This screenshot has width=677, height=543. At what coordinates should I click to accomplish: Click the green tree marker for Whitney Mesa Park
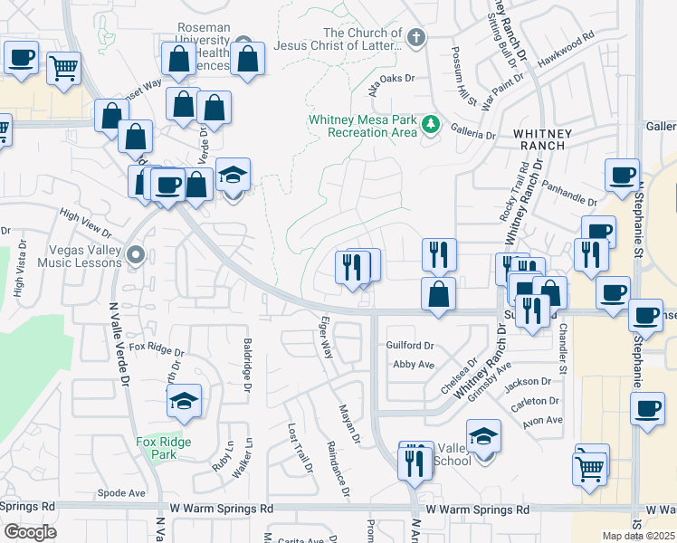coord(432,125)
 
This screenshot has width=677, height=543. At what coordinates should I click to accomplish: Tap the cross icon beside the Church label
coord(415,37)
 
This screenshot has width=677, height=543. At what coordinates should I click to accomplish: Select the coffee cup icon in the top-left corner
coord(21,57)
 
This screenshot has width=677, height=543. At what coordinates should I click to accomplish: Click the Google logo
coord(29,532)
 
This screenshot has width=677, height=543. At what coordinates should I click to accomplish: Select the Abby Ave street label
coord(414,364)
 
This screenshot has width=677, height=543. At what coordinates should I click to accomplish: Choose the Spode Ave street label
coord(121,493)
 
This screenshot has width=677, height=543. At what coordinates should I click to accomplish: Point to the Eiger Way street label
coord(327,337)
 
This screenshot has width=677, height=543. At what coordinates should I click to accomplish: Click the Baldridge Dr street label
coord(246,362)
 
